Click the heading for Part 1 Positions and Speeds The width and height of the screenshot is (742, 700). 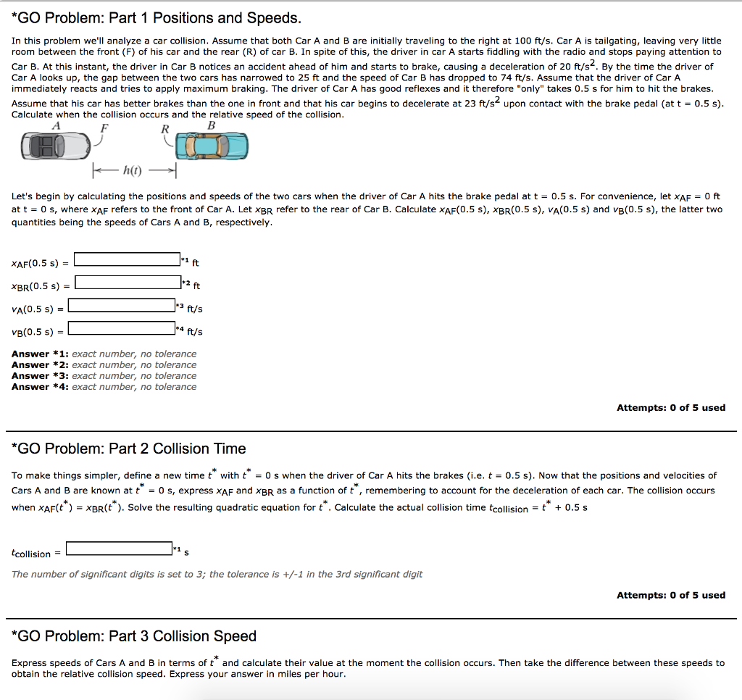tap(156, 17)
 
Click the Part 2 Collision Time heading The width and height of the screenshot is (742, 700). tap(129, 449)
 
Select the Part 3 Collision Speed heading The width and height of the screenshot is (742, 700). tap(134, 636)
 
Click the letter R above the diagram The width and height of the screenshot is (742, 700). tap(164, 129)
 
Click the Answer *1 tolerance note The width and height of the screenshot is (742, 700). tap(104, 354)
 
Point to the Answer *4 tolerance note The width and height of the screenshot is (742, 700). tap(104, 387)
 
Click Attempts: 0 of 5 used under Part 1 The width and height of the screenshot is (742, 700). tap(670, 408)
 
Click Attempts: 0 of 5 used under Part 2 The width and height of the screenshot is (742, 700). tap(670, 595)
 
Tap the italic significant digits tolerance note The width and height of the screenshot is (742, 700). tap(217, 574)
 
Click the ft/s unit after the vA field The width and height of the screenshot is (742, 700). tap(195, 309)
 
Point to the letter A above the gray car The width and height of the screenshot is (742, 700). tap(56, 125)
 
